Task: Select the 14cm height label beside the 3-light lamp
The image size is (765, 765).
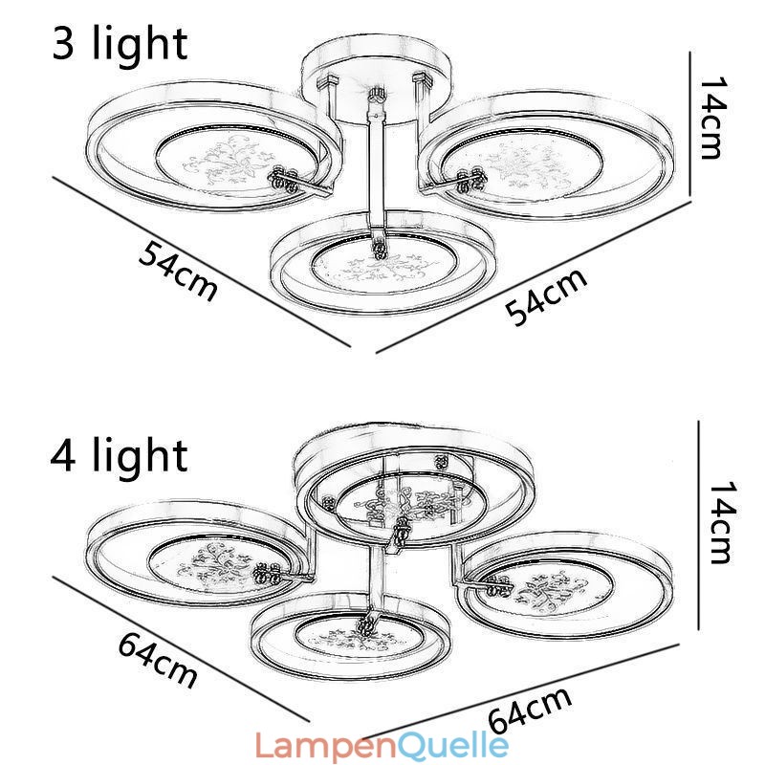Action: click(x=712, y=119)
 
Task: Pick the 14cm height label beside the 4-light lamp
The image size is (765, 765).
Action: click(x=724, y=522)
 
